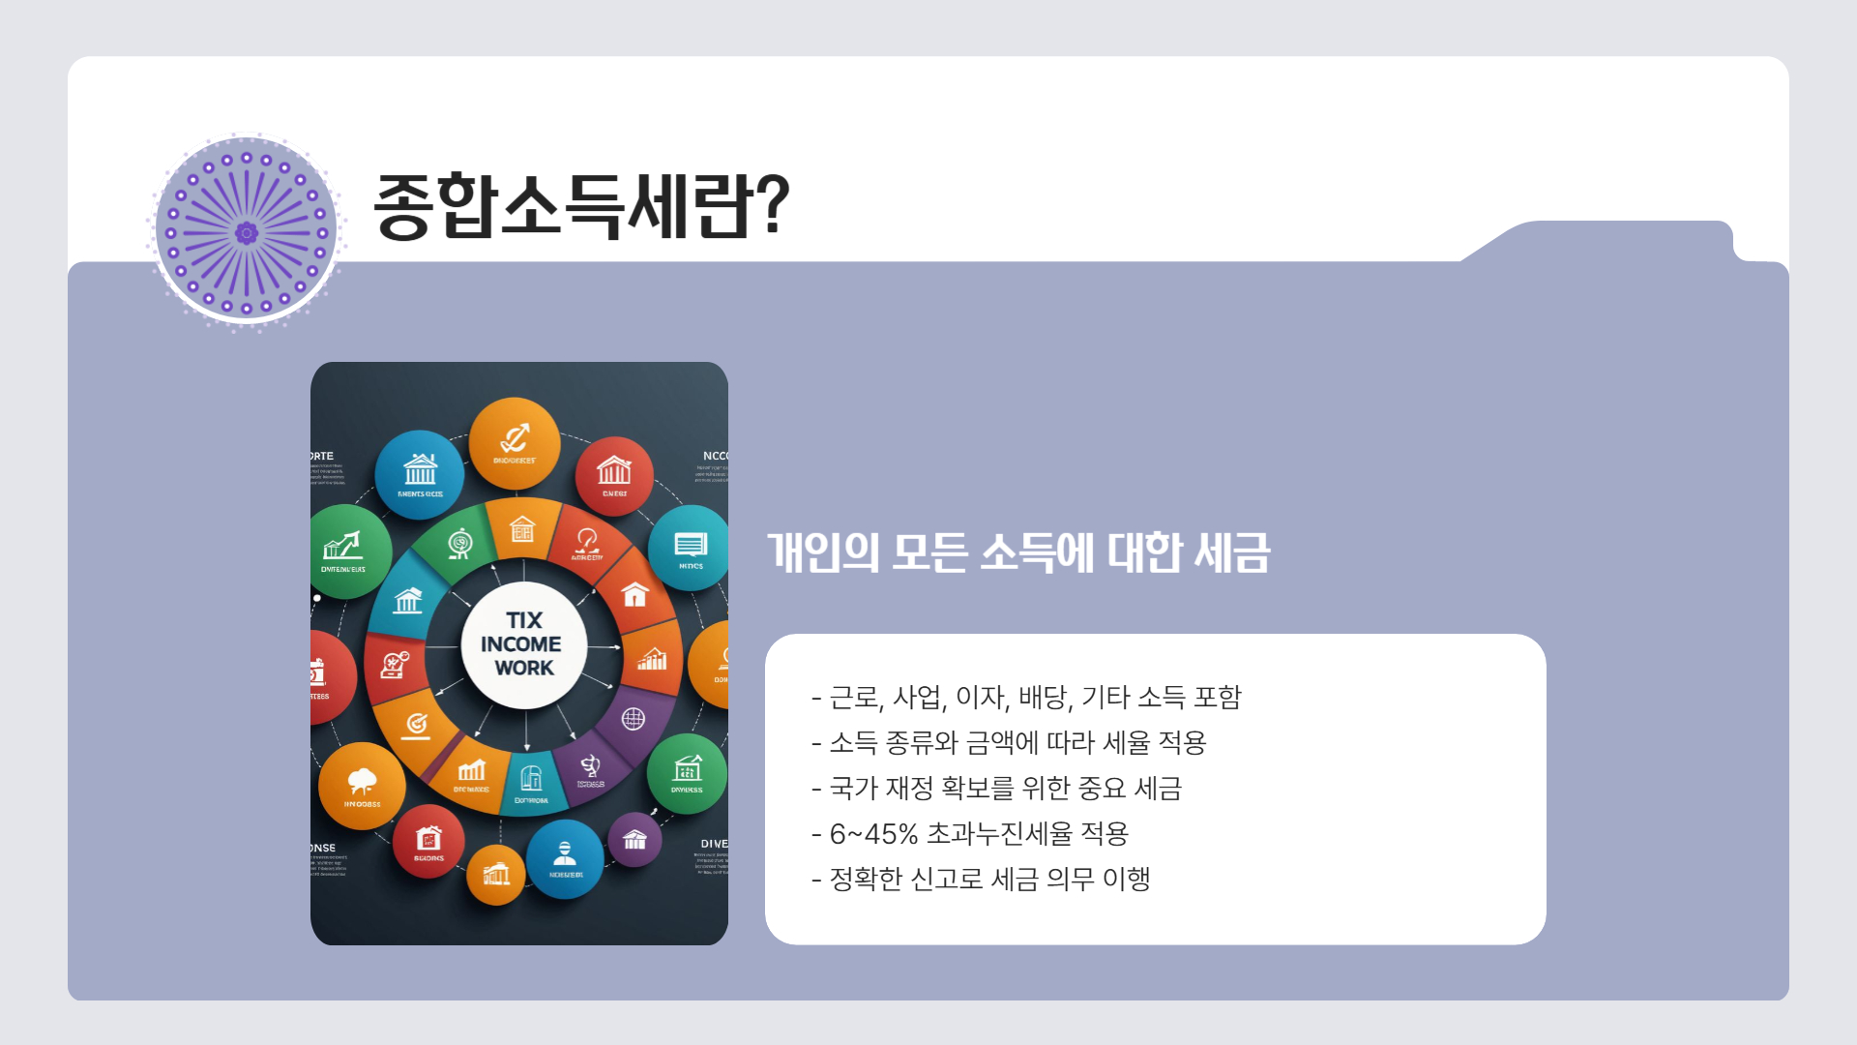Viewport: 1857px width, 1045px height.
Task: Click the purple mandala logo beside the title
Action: click(x=246, y=232)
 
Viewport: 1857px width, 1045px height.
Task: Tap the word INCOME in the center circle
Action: click(x=520, y=644)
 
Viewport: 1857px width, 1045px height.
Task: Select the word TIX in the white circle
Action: click(x=524, y=620)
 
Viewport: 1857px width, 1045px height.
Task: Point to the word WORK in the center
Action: click(x=524, y=669)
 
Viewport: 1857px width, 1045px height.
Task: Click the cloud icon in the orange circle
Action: click(x=362, y=781)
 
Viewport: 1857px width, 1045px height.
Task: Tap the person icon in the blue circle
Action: click(x=565, y=853)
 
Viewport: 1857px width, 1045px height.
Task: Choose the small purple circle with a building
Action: click(x=634, y=839)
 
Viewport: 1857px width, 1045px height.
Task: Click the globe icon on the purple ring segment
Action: click(x=633, y=719)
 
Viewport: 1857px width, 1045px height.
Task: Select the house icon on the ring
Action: click(x=634, y=593)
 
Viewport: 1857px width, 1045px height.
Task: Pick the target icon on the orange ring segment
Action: click(x=416, y=724)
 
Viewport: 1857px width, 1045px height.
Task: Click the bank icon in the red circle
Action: click(x=614, y=471)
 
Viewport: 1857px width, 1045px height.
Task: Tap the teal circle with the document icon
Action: click(x=691, y=547)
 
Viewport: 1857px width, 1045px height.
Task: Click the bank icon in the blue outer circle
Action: click(x=420, y=470)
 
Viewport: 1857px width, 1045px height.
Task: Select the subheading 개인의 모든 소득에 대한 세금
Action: click(x=1018, y=552)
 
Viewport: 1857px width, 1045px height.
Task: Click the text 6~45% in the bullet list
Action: click(x=873, y=834)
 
